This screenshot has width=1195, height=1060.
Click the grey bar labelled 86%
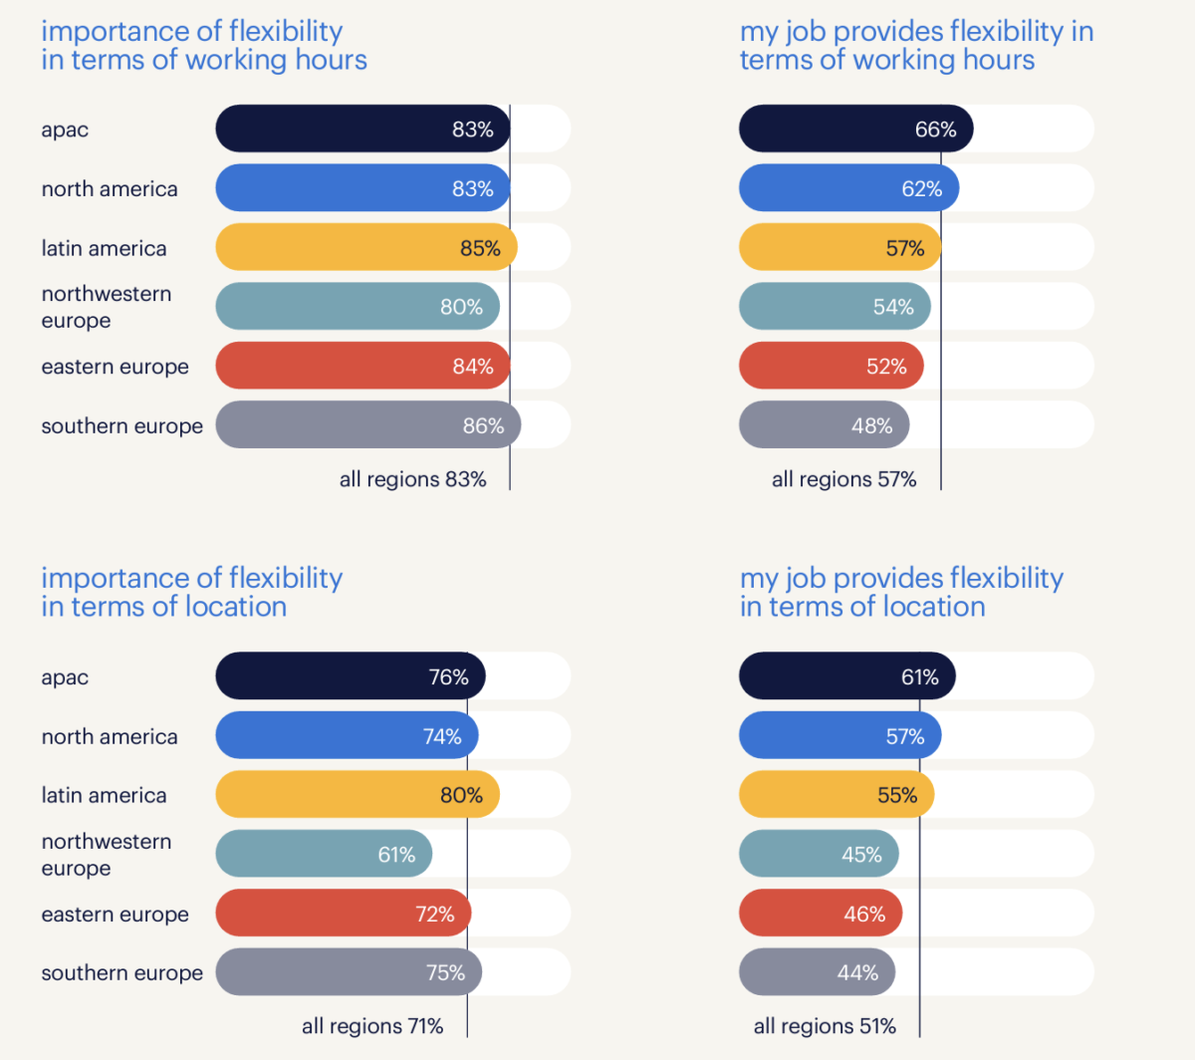367,425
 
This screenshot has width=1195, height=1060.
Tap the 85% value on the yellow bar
480,248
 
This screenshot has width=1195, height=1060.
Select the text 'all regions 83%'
412,479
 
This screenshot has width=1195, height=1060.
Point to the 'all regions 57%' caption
843,479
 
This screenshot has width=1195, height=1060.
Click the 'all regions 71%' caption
372,1026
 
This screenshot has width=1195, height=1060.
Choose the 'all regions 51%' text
825,1026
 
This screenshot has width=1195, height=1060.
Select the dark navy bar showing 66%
855,129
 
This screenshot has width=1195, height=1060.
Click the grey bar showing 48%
824,425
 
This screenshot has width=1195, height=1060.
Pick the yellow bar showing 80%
357,795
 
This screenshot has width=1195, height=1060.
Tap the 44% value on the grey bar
857,972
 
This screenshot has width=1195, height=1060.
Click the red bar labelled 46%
821,914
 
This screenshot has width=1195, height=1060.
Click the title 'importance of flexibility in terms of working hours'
204,46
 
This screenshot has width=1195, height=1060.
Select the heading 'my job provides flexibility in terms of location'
901,593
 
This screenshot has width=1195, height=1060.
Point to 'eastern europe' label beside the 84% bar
115,367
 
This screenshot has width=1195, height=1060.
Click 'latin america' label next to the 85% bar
104,248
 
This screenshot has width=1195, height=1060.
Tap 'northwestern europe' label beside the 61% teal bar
106,855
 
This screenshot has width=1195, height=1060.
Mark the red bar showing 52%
831,367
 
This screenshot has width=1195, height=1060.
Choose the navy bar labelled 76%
350,676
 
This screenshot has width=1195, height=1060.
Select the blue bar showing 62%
848,188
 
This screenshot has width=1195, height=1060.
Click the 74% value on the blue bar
442,736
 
